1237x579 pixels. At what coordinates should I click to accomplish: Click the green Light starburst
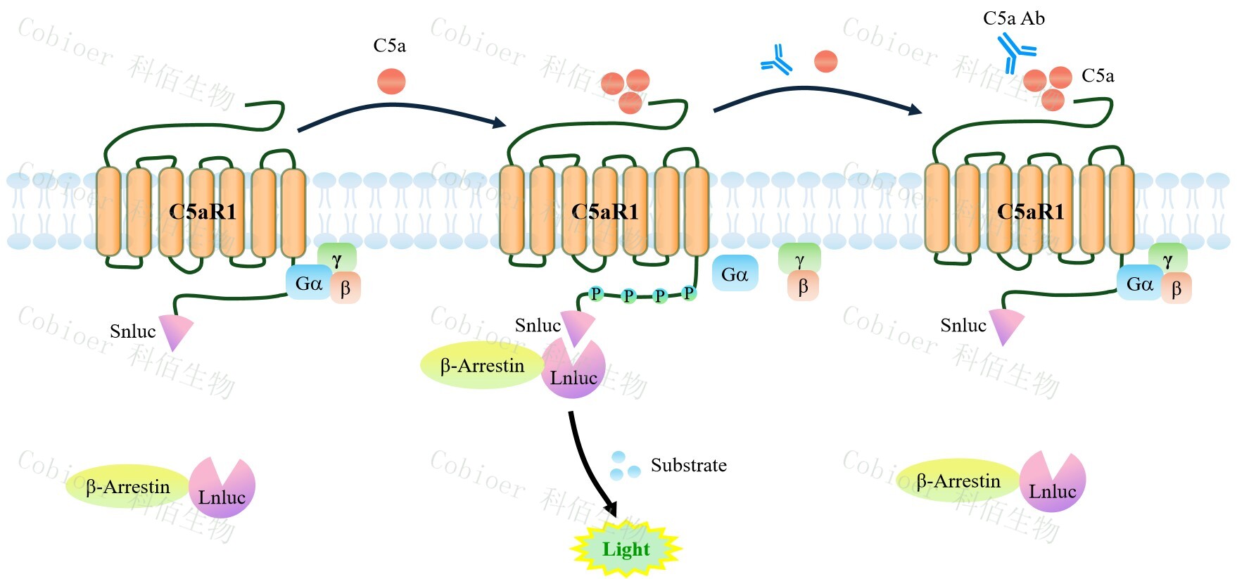[626, 549]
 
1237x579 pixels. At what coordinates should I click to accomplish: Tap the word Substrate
[688, 465]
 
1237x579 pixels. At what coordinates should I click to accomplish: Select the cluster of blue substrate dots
[624, 466]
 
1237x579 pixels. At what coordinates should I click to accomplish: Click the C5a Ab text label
[1013, 19]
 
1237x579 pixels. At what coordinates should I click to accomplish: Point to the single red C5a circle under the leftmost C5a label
[391, 81]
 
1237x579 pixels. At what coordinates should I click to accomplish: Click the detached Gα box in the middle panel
[735, 274]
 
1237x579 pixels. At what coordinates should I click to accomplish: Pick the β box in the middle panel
[802, 286]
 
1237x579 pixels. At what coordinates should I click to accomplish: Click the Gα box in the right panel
[1139, 284]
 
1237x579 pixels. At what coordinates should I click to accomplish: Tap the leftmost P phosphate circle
[596, 293]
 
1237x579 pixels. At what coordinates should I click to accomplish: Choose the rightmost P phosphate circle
[688, 293]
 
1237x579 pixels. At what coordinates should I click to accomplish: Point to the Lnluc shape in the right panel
[1053, 483]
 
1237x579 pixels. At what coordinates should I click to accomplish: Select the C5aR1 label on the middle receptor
[604, 211]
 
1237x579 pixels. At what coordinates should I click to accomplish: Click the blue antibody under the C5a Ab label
[1015, 51]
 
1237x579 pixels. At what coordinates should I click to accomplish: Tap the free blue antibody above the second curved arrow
[777, 61]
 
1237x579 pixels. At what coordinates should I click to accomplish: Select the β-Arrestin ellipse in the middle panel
[482, 365]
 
